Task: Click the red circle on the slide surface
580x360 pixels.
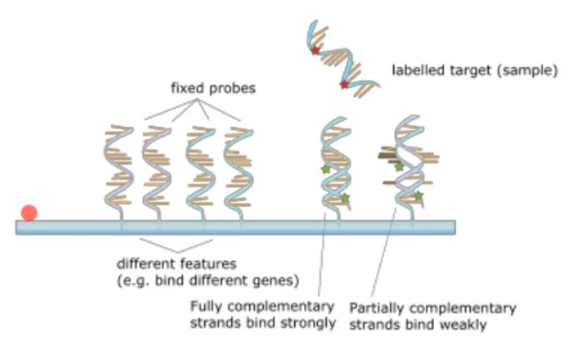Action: (29, 212)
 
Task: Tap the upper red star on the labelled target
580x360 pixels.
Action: (315, 51)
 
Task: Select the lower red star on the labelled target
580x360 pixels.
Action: (344, 85)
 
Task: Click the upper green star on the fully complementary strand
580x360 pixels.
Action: (326, 169)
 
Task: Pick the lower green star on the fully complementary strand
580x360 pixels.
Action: (345, 197)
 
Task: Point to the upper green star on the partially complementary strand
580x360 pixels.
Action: (399, 166)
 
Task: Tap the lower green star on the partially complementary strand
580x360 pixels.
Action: (418, 196)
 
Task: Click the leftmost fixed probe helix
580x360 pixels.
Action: (118, 167)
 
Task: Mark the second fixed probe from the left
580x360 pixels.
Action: (156, 167)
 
